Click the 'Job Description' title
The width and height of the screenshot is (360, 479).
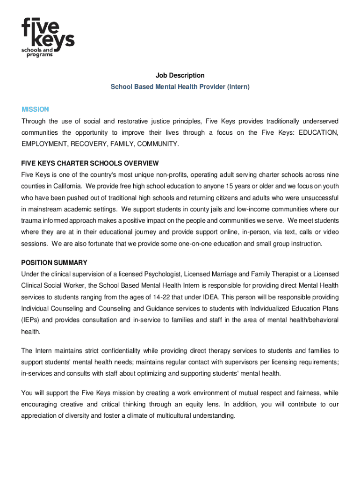[180, 75]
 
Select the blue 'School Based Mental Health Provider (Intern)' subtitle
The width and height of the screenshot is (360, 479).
[180, 87]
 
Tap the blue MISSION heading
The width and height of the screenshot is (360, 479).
[35, 109]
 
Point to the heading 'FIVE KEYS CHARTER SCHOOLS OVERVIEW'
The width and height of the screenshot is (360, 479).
[90, 163]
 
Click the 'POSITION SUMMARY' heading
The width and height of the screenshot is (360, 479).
[54, 262]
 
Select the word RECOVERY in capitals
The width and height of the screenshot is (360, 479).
[88, 144]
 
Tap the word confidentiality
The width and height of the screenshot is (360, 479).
[117, 350]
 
